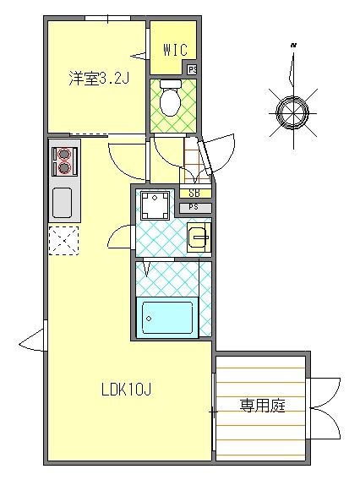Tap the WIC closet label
click(x=175, y=50)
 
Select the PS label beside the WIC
click(x=193, y=70)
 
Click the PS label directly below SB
click(x=194, y=207)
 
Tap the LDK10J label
click(x=126, y=390)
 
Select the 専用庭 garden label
click(x=262, y=406)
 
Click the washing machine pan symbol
click(x=155, y=204)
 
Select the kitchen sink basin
click(x=63, y=202)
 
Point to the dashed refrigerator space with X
click(x=63, y=241)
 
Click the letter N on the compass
click(x=292, y=44)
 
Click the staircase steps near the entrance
click(x=195, y=161)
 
